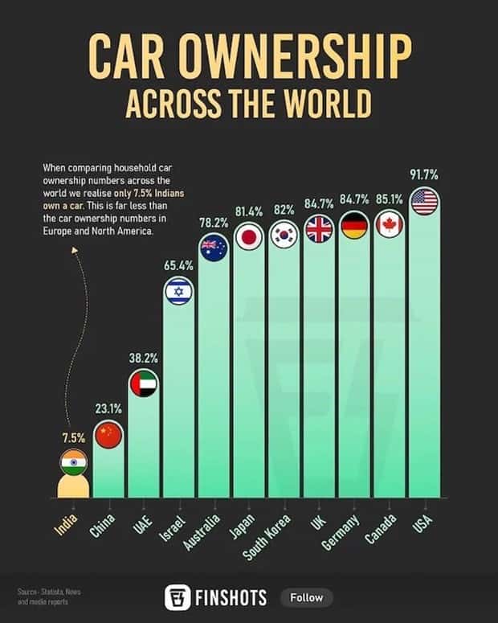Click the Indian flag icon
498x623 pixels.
point(74,463)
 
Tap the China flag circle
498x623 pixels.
point(108,435)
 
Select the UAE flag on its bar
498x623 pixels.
point(144,383)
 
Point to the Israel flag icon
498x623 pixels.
point(178,291)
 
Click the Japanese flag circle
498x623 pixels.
point(249,236)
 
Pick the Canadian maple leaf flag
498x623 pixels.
point(390,224)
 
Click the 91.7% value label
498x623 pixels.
point(424,174)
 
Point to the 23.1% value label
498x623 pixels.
point(108,408)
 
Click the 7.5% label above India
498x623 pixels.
point(73,437)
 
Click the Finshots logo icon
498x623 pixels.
point(176,597)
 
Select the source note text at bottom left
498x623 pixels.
point(48,596)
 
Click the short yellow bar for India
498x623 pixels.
point(74,486)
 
